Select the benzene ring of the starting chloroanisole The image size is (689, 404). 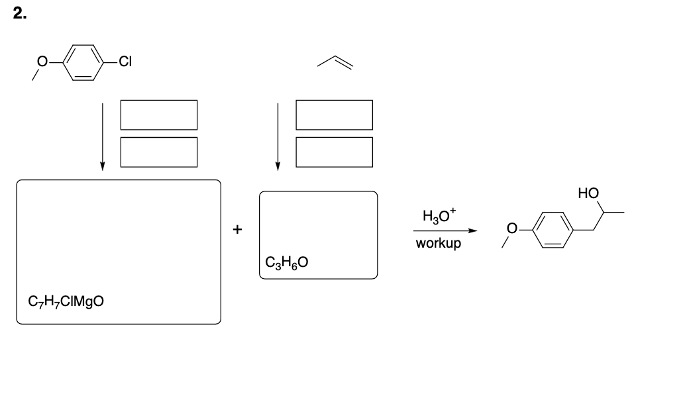[x=83, y=64]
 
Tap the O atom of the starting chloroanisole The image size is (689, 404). [x=43, y=63]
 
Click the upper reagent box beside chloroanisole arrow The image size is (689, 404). [x=159, y=115]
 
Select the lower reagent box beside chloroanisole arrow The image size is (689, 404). [x=159, y=152]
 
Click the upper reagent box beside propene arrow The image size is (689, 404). [x=334, y=115]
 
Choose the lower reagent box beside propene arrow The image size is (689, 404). [x=334, y=152]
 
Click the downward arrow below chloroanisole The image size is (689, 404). [x=102, y=136]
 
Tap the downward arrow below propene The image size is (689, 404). [x=278, y=136]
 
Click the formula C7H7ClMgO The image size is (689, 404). [x=66, y=302]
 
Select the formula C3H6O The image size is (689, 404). [x=286, y=262]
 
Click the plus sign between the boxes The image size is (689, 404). [x=237, y=230]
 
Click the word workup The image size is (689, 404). [x=439, y=243]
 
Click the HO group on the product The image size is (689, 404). [x=588, y=193]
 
